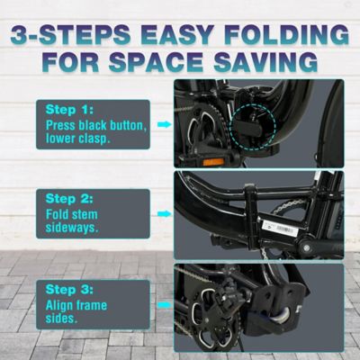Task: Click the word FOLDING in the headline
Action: coord(286,34)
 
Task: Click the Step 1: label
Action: coord(68,110)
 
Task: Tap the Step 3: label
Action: coord(68,292)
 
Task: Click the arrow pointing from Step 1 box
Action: coord(163,124)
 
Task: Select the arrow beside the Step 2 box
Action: coord(163,215)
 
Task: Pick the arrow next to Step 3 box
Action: coord(163,306)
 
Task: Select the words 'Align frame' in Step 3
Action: coord(79,307)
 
